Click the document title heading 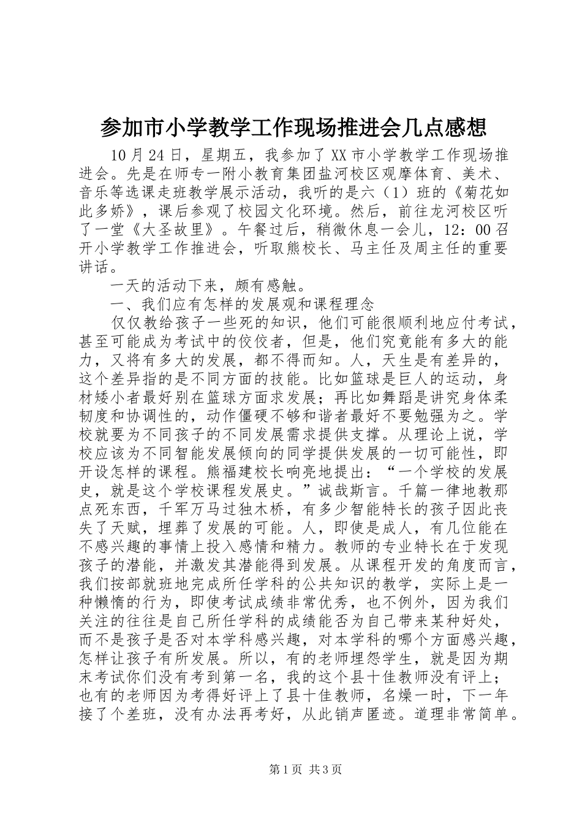point(292,128)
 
